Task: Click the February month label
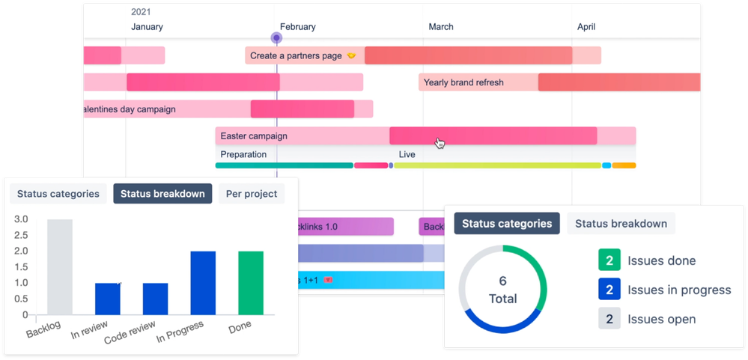click(x=297, y=27)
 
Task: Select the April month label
click(x=586, y=27)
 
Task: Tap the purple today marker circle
click(x=276, y=38)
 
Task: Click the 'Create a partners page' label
click(x=296, y=55)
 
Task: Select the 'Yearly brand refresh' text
click(x=463, y=82)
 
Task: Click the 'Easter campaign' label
click(x=254, y=136)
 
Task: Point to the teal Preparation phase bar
click(x=284, y=165)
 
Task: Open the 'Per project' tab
click(x=252, y=194)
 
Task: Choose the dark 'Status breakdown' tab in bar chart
click(x=162, y=194)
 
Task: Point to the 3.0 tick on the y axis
click(x=21, y=219)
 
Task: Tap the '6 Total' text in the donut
click(x=502, y=290)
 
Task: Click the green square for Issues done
click(x=609, y=260)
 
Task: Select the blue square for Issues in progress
click(x=609, y=290)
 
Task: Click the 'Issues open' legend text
click(x=661, y=320)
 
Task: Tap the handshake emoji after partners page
click(x=351, y=56)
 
